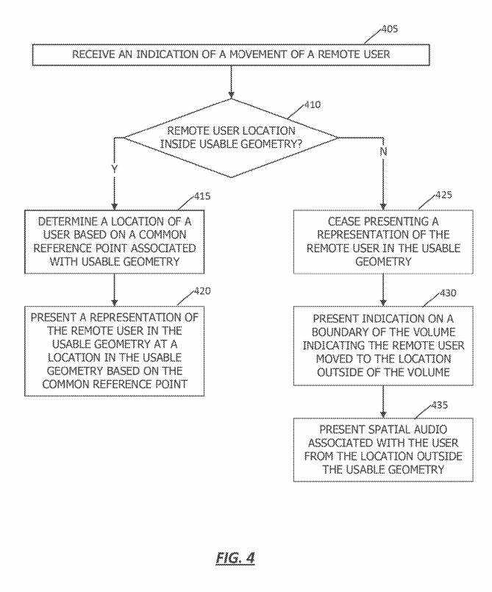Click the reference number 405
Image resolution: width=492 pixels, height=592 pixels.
pyautogui.click(x=389, y=29)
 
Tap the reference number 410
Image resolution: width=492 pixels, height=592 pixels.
pyautogui.click(x=313, y=104)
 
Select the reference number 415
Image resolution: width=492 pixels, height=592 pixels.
pyautogui.click(x=202, y=196)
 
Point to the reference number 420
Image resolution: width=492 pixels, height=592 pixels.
pyautogui.click(x=202, y=290)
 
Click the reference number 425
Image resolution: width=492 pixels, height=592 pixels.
pyautogui.click(x=443, y=195)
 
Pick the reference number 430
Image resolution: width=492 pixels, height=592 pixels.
pyautogui.click(x=448, y=293)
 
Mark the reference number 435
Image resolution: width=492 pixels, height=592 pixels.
pyautogui.click(x=440, y=405)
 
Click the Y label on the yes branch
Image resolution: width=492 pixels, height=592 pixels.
pyautogui.click(x=115, y=168)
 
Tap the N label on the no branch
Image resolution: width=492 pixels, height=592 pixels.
pyautogui.click(x=383, y=151)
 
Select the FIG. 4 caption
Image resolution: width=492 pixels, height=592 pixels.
pyautogui.click(x=235, y=557)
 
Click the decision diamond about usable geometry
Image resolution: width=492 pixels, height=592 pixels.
pyautogui.click(x=231, y=138)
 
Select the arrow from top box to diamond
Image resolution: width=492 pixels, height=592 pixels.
pyautogui.click(x=231, y=82)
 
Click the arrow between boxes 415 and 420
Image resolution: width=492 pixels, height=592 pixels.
pyautogui.click(x=115, y=290)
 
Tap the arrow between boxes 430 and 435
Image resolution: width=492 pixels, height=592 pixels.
pyautogui.click(x=383, y=402)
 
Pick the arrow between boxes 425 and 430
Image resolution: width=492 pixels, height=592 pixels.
pyautogui.click(x=383, y=290)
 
